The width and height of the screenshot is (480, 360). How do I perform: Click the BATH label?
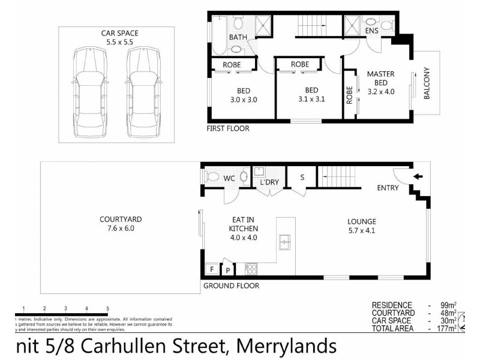pos(238,37)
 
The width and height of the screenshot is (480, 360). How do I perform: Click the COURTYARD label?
pos(121,219)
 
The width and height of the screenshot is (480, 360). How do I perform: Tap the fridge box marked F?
pos(211,269)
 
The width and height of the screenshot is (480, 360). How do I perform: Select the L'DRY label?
pos(266,182)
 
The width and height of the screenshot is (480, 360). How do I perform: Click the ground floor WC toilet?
pos(213,177)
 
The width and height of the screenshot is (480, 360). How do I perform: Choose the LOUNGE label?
pos(362,221)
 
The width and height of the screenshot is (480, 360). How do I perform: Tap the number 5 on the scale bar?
pos(107,309)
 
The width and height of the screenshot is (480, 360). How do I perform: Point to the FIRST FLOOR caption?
pos(227,128)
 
